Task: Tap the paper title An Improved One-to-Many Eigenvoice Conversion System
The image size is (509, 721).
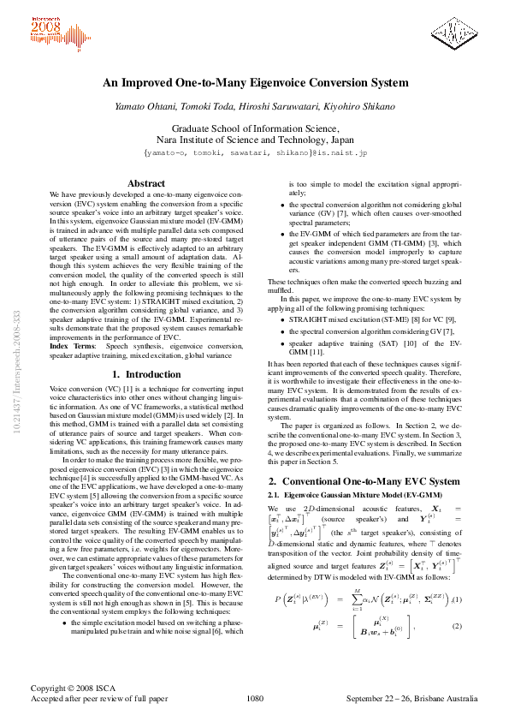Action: pyautogui.click(x=255, y=83)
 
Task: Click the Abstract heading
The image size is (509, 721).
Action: pyautogui.click(x=145, y=183)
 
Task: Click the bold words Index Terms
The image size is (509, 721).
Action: pyautogui.click(x=71, y=345)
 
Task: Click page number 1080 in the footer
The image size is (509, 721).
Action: pyautogui.click(x=254, y=699)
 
